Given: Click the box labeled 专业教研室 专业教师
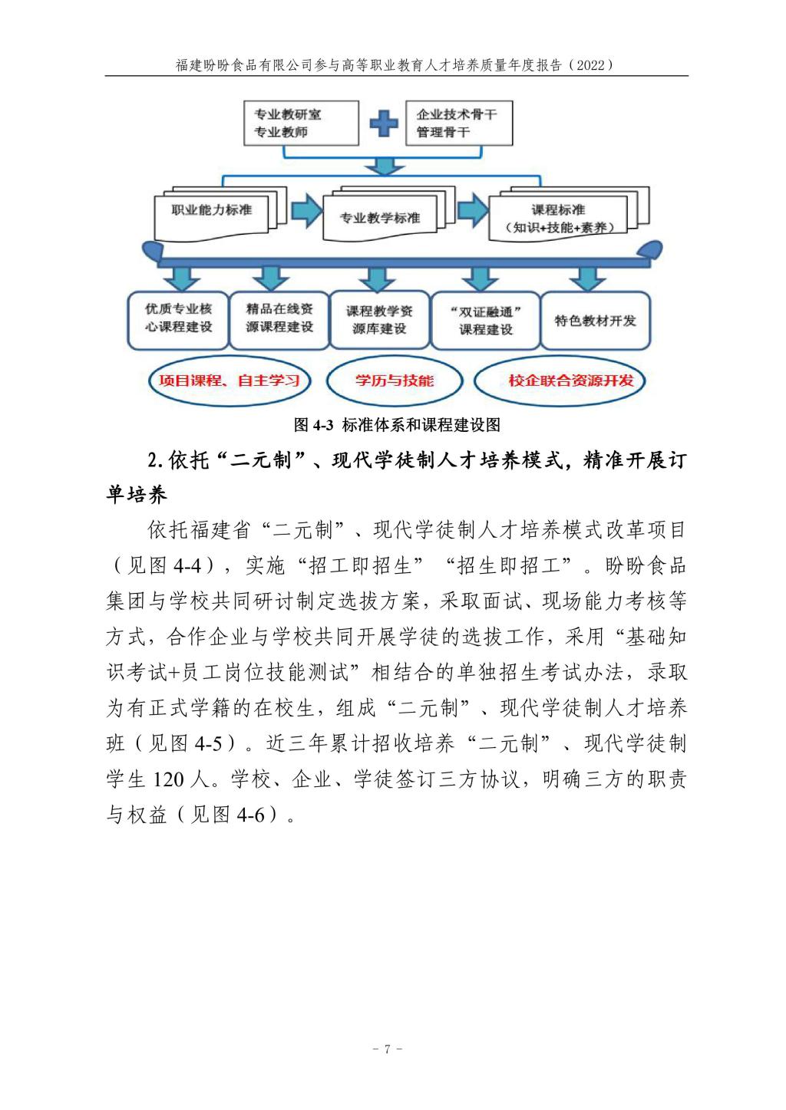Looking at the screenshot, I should pos(300,124).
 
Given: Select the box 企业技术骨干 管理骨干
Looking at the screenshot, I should pos(458,124).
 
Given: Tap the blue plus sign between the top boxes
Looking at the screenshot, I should pos(383,123).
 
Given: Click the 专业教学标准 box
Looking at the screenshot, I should pos(380,218).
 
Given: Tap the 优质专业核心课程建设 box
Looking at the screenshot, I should pos(178,318).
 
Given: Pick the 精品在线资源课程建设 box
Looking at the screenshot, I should pos(279,318).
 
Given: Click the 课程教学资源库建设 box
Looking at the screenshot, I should pos(379,320).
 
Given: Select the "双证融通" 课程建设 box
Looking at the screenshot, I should pos(485,321).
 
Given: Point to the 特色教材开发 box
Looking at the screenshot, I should pos(596,321).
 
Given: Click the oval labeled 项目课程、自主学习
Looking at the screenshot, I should pos(229,380).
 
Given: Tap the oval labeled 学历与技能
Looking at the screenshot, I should pos(395,380).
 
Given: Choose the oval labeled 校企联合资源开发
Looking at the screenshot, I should pos(571,380).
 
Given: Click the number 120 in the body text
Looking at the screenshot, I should pos(169,780).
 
